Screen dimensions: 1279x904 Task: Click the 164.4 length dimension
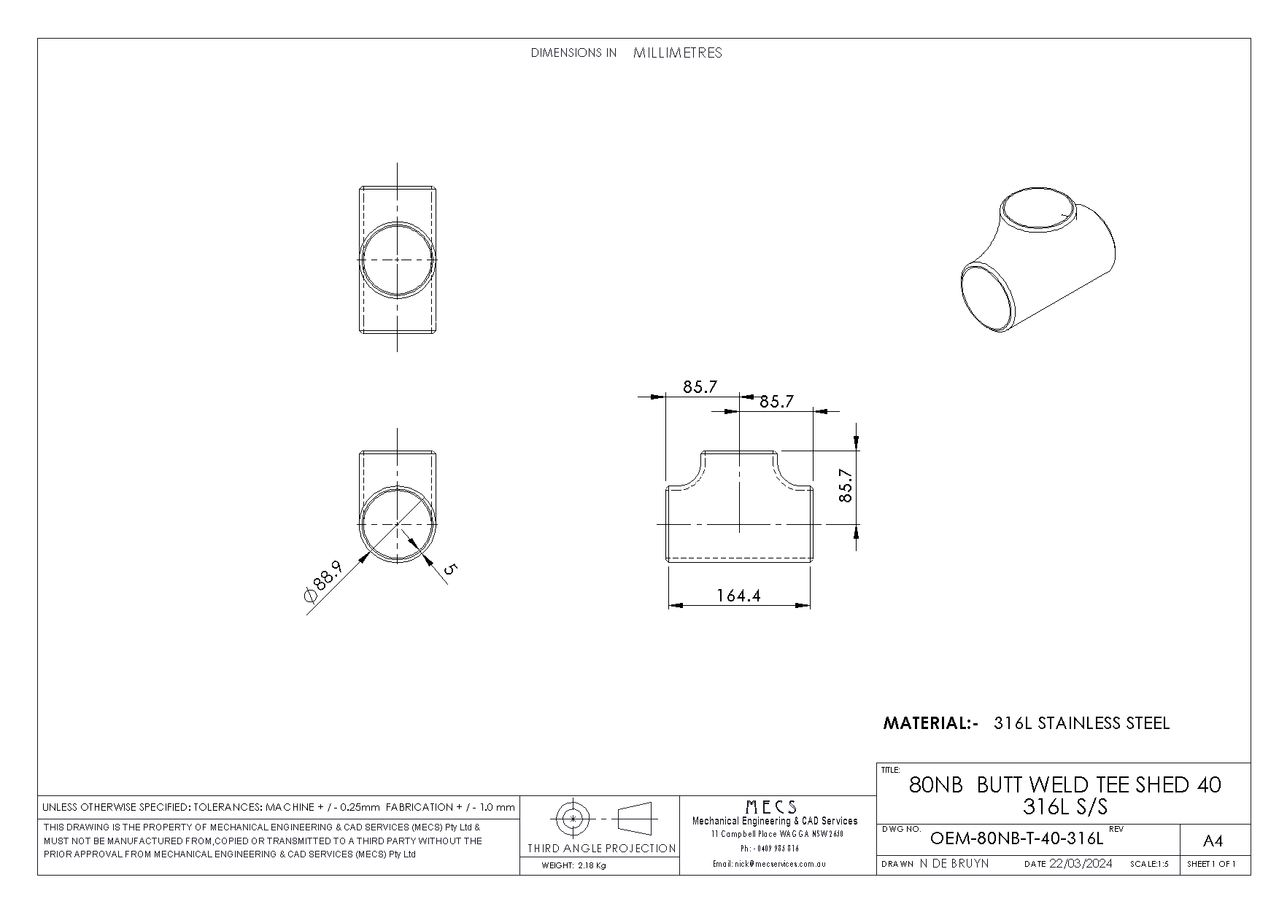click(x=738, y=596)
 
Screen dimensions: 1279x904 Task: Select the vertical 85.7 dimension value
click(x=846, y=485)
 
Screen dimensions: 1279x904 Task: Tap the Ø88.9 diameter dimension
click(x=322, y=580)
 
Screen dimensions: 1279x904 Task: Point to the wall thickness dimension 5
click(x=448, y=569)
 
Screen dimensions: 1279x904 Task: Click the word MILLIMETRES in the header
click(x=678, y=52)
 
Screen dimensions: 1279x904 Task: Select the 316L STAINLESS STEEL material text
click(x=1082, y=723)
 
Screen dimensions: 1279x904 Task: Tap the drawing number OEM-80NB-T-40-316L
click(x=1017, y=838)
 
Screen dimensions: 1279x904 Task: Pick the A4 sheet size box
click(x=1213, y=841)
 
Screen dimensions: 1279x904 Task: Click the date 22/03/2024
click(x=1081, y=864)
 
